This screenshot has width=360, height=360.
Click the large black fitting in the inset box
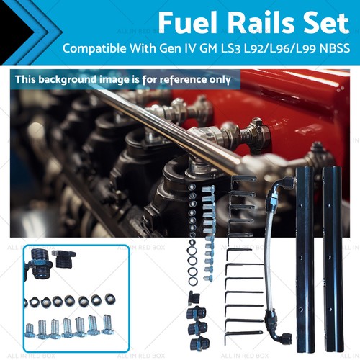pos(37,266)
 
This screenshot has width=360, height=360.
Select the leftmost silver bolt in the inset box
pos(30,330)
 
